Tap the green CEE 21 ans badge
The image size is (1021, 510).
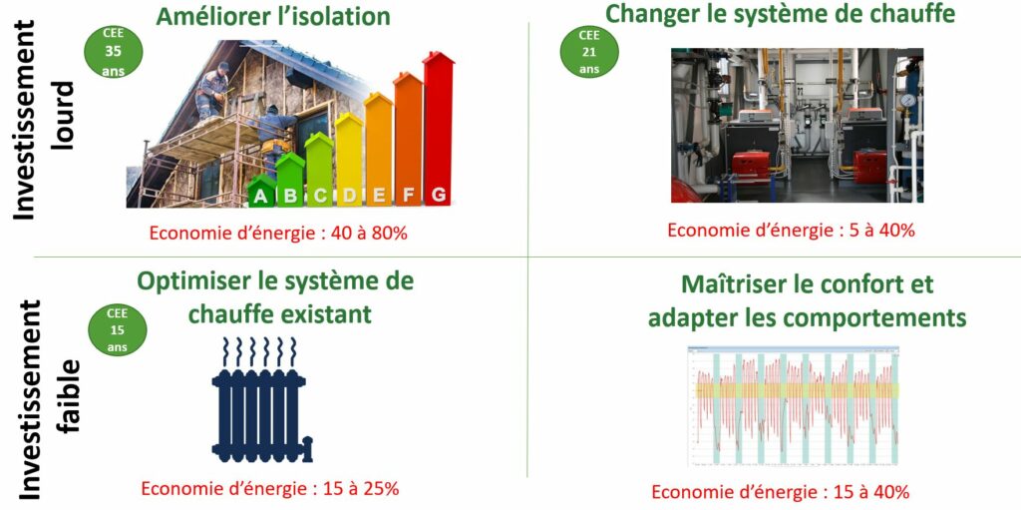click(x=588, y=51)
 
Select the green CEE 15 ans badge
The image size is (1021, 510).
click(x=118, y=329)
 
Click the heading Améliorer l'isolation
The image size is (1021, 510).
click(x=273, y=16)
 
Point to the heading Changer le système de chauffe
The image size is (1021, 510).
click(x=780, y=13)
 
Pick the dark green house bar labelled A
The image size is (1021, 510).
click(x=261, y=191)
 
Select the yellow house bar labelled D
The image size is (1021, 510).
click(x=349, y=160)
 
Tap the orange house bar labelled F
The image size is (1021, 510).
click(x=408, y=140)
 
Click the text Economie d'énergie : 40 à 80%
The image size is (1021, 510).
click(x=278, y=234)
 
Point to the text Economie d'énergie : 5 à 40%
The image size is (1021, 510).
click(x=791, y=231)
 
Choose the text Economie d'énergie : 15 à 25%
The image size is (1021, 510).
click(x=269, y=488)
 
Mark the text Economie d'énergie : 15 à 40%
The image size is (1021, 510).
click(x=780, y=492)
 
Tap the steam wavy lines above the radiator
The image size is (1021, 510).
click(x=259, y=352)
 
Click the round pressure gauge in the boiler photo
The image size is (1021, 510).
click(x=907, y=101)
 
